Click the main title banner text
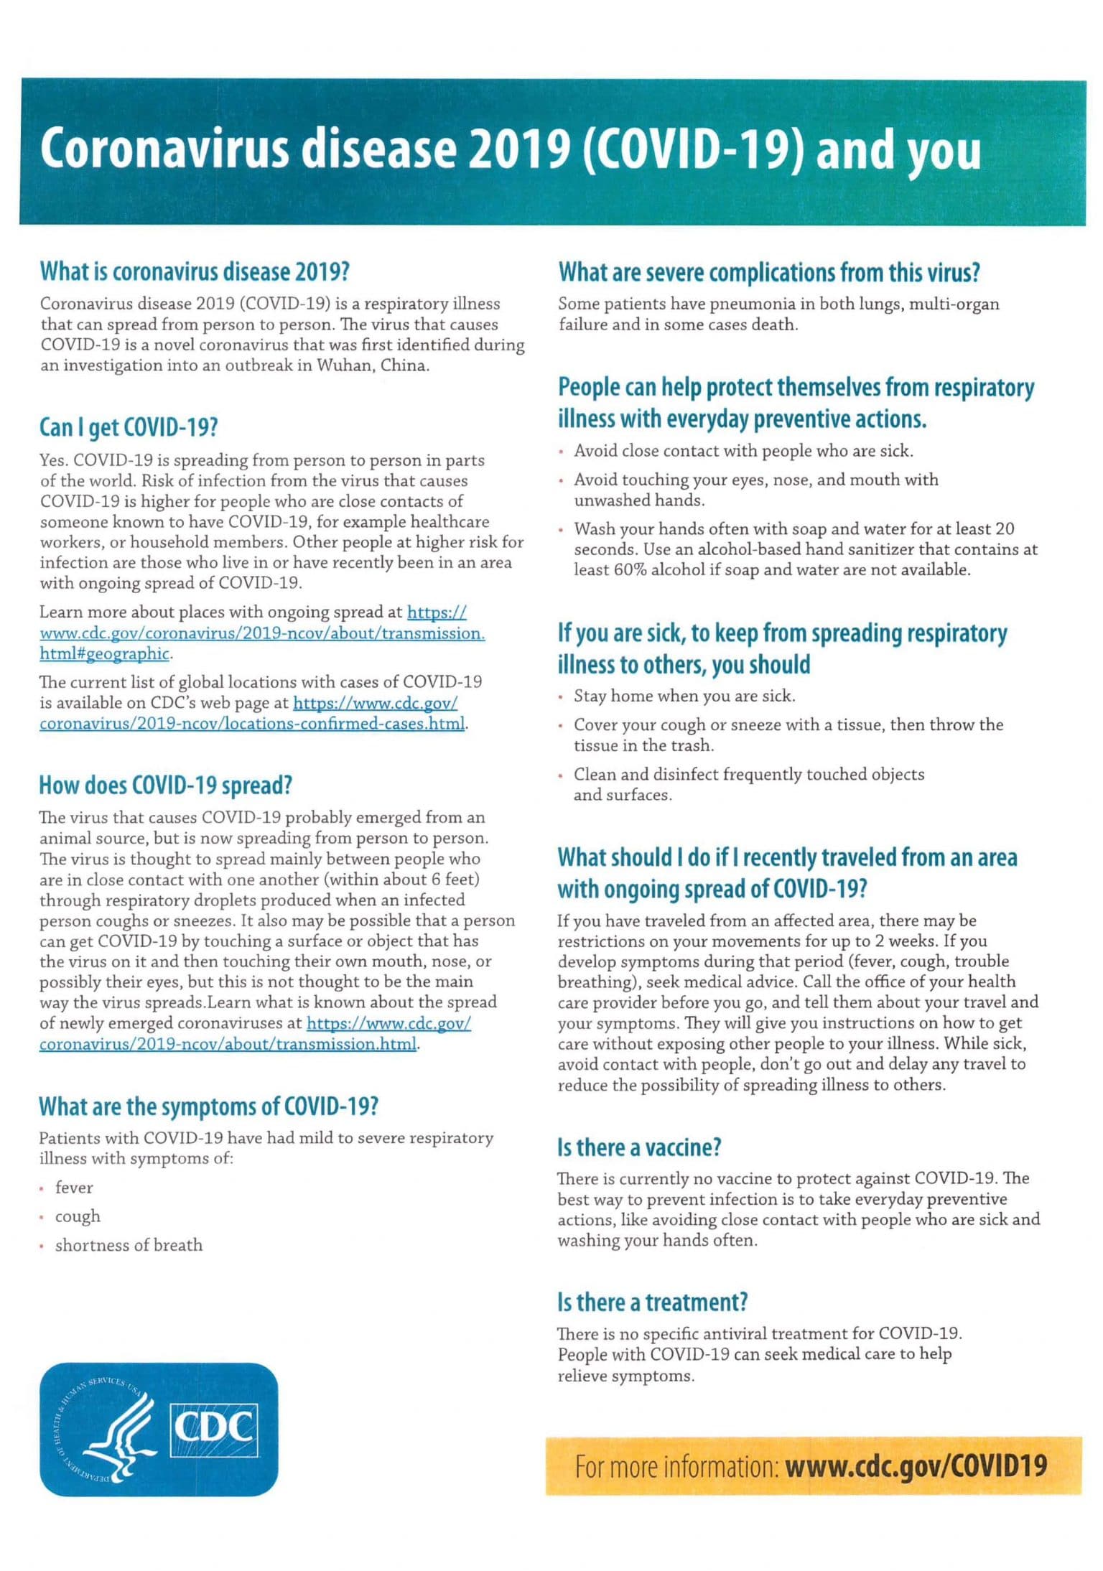pos(510,150)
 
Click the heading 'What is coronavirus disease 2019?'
pos(195,272)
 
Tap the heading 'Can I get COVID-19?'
pos(129,428)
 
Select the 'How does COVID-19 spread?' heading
pos(166,786)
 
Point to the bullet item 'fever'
pos(74,1188)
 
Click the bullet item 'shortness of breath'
pos(129,1246)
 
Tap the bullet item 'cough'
pos(78,1217)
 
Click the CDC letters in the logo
pos(214,1427)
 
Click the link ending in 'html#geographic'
pos(105,654)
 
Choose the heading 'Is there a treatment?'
pos(653,1302)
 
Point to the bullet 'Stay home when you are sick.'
pos(684,696)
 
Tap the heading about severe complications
pos(769,273)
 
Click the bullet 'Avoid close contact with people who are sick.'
pos(743,452)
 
